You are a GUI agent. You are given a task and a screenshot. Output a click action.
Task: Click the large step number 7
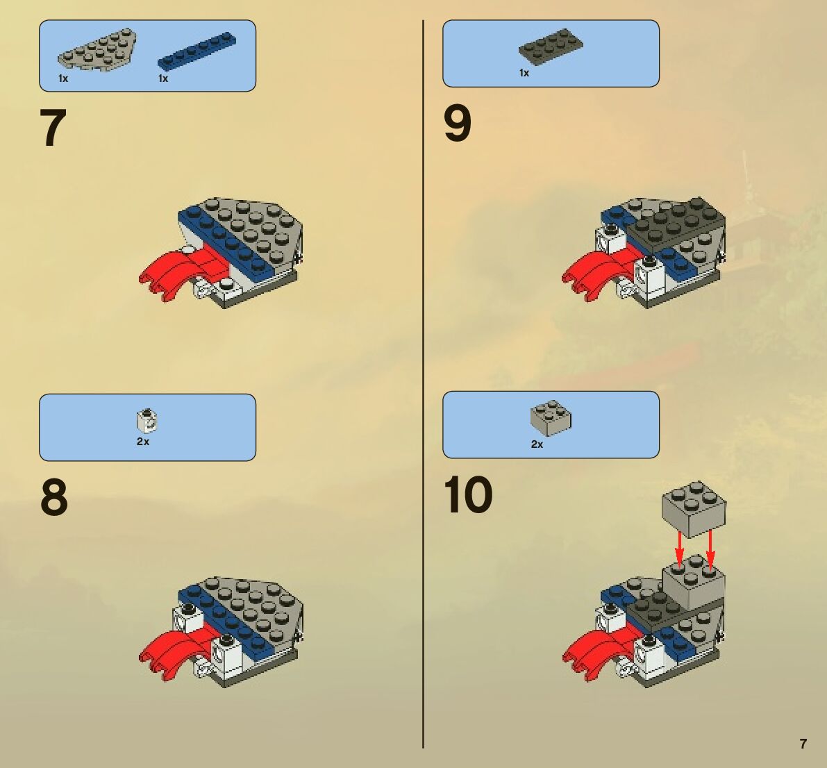53,128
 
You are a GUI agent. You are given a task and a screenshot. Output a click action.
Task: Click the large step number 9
458,124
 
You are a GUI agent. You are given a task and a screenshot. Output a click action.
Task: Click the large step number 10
468,494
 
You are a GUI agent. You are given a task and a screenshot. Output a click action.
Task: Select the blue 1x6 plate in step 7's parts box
197,51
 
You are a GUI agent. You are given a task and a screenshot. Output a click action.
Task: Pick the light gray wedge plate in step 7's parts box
97,49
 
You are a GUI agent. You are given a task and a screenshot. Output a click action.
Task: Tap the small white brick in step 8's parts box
147,421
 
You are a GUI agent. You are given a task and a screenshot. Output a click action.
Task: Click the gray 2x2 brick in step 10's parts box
551,418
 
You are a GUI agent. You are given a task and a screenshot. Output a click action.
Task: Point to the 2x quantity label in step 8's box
143,442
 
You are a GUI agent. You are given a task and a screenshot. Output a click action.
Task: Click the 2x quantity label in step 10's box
537,444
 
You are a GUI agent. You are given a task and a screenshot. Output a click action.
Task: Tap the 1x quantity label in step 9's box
524,73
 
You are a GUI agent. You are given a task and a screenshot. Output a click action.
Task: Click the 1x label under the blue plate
163,78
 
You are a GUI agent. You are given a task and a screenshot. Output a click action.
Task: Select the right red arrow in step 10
710,550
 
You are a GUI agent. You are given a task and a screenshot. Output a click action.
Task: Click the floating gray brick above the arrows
694,509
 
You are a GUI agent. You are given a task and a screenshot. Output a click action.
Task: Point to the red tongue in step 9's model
599,273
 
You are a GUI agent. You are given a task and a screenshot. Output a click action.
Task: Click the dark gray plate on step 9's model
676,225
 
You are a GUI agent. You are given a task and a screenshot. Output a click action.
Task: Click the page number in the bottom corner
803,744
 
